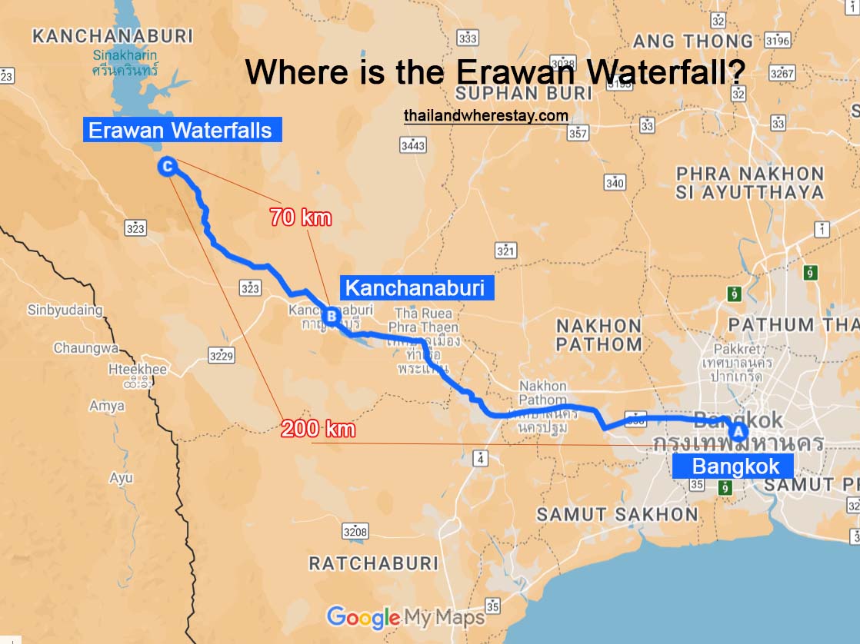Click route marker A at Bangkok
[738, 431]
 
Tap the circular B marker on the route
[331, 316]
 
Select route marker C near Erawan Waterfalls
[167, 166]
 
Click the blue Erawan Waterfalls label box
[181, 130]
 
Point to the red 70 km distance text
[301, 217]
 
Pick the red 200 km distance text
[318, 429]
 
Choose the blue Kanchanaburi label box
[415, 288]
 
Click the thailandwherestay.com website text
[486, 116]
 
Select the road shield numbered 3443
[413, 145]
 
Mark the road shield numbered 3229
[222, 356]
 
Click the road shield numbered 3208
[355, 531]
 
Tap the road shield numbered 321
[505, 251]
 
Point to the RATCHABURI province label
[373, 563]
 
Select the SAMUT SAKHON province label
[617, 515]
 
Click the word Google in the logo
[363, 617]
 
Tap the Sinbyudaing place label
[65, 310]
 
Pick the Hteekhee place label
[138, 369]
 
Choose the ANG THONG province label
[693, 41]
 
